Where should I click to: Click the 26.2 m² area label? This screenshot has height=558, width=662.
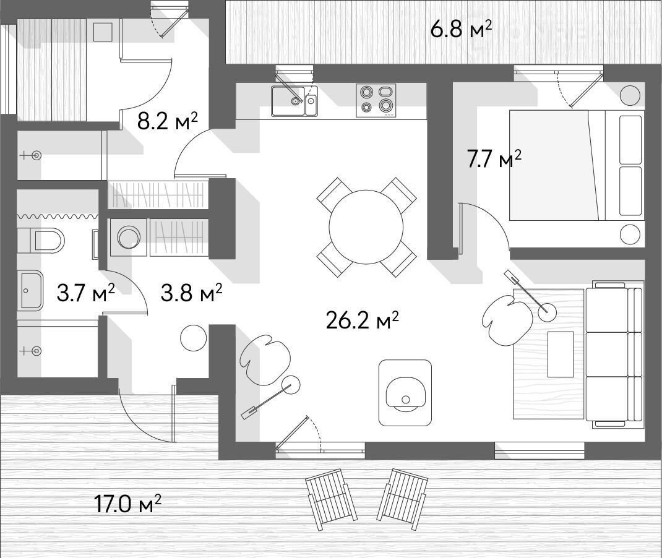pos(362,321)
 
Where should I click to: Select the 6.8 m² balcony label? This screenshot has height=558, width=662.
pos(461,30)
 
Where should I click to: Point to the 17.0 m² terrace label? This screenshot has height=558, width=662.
pos(127,504)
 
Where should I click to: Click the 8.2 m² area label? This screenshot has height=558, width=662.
pos(168,121)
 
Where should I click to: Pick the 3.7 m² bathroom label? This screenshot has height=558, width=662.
pos(86,293)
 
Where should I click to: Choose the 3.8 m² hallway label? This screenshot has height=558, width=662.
pos(191,293)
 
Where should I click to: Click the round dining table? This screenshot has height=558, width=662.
pos(366,226)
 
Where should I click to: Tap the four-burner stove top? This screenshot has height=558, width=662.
pos(376,100)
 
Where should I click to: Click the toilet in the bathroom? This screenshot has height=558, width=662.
pos(41,241)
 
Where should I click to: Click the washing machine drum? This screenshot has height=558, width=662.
pos(129,237)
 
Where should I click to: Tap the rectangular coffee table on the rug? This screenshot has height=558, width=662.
pos(561,354)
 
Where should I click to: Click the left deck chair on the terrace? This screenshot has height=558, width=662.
pos(331,499)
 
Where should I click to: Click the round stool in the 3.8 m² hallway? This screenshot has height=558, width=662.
pos(194,337)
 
